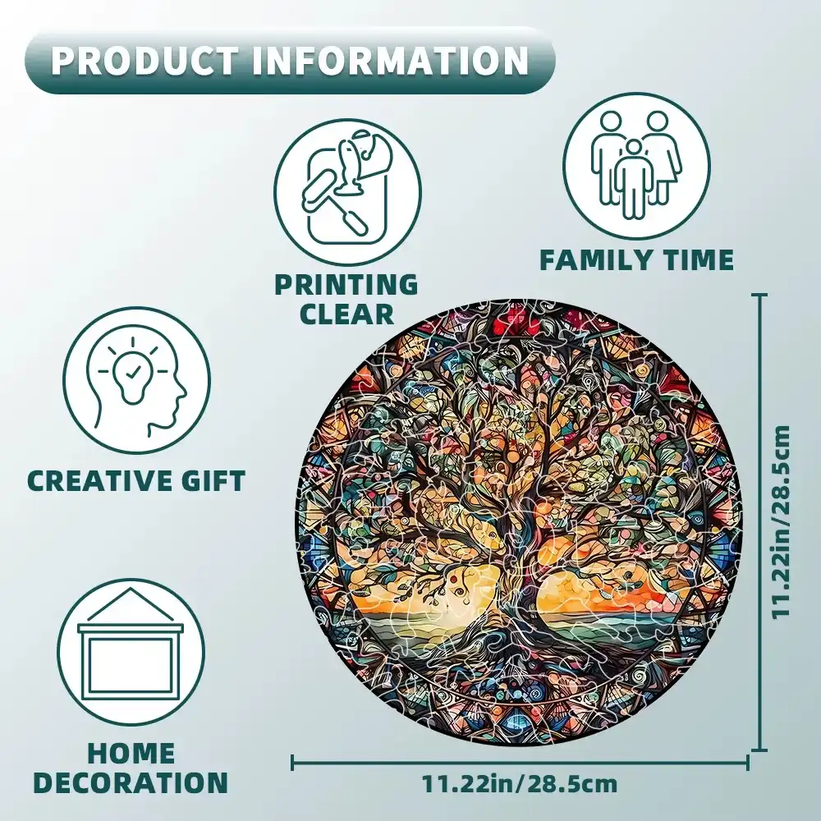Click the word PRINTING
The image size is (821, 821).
pyautogui.click(x=346, y=285)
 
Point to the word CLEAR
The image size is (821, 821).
pyautogui.click(x=346, y=314)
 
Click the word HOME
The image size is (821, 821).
pyautogui.click(x=131, y=753)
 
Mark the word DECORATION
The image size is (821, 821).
pyautogui.click(x=131, y=782)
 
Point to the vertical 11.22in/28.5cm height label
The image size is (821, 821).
pyautogui.click(x=784, y=521)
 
